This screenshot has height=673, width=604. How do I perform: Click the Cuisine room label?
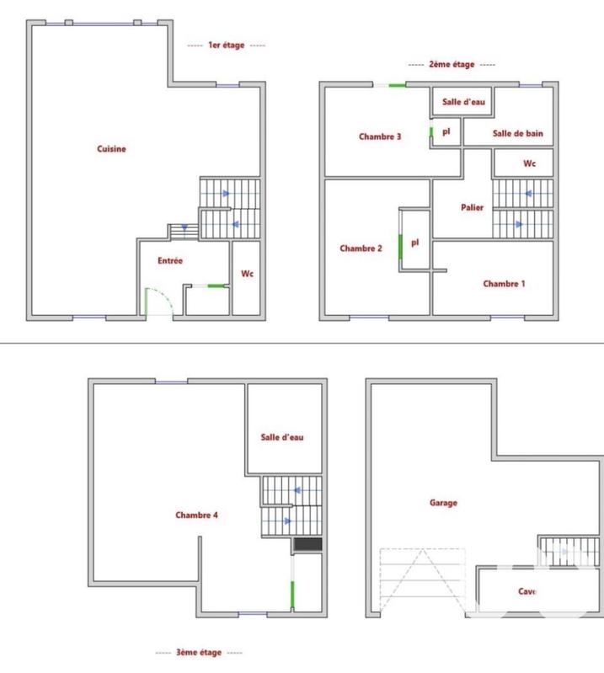click(111, 149)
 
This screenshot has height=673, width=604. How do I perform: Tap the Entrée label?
click(170, 261)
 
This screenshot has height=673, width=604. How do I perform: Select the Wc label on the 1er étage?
click(247, 274)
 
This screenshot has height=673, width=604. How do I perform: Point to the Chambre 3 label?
click(380, 136)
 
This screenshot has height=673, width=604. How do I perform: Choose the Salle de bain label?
click(517, 133)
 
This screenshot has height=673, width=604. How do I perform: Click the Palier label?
click(472, 207)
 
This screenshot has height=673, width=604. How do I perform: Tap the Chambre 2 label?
click(361, 248)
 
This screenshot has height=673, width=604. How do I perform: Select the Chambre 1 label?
click(504, 284)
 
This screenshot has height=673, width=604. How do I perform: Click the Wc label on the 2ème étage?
click(529, 163)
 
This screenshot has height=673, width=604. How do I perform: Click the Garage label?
click(443, 503)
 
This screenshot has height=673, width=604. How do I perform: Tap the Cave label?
click(527, 591)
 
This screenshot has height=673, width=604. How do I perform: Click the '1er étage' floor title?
click(226, 45)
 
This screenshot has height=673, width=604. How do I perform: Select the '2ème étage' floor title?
click(452, 64)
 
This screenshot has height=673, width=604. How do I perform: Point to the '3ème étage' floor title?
click(199, 653)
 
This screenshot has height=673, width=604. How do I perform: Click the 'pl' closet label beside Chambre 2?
click(414, 243)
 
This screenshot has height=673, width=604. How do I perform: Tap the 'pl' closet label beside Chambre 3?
click(446, 131)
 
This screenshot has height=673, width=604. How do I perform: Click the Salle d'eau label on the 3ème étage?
click(282, 437)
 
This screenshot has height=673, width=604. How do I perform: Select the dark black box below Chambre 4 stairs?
click(307, 546)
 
